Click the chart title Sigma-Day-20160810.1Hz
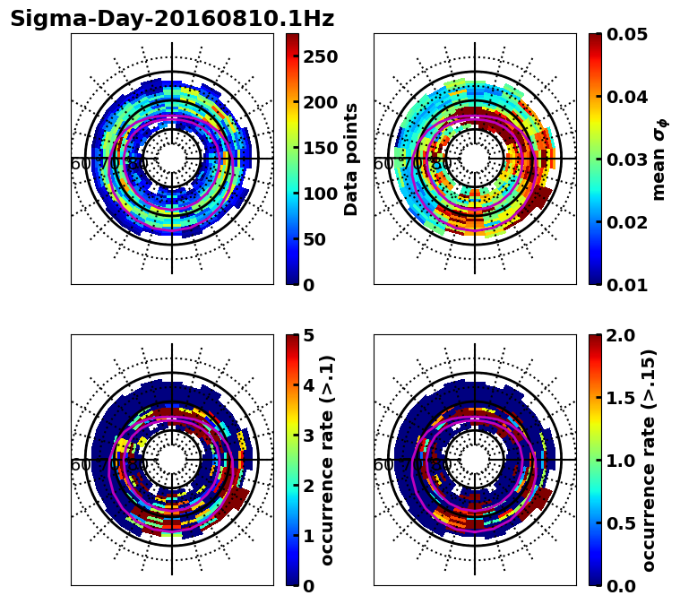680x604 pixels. click(x=172, y=19)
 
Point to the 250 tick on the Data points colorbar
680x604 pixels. click(x=320, y=56)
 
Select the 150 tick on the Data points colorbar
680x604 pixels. click(x=320, y=148)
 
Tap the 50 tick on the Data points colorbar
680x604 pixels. click(x=314, y=239)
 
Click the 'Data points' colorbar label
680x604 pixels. click(x=351, y=160)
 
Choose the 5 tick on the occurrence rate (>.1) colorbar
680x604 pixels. click(x=308, y=335)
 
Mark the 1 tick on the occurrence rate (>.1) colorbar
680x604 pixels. click(x=308, y=536)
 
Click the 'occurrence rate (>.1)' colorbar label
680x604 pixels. click(x=328, y=460)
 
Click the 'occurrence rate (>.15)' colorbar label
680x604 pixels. click(x=650, y=460)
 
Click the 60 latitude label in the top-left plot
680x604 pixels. click(x=80, y=164)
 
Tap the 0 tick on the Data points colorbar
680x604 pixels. click(x=308, y=285)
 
